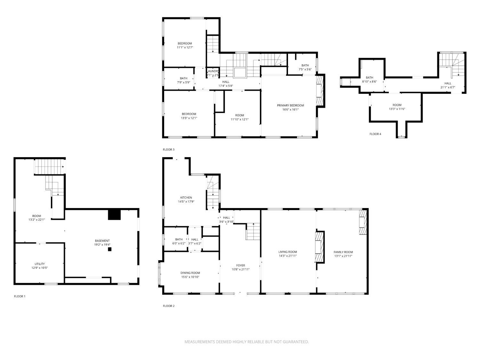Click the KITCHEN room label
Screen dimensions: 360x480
point(186,197)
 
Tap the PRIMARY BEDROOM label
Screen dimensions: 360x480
point(290,105)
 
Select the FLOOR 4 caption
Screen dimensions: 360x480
point(375,134)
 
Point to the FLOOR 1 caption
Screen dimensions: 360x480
point(20,296)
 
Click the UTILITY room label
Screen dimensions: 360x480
point(40,264)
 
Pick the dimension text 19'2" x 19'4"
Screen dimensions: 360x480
point(102,245)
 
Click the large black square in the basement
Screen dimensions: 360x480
point(114,214)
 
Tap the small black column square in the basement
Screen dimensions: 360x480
point(109,249)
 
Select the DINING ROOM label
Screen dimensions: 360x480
point(190,273)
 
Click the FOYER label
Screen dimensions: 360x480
point(240,265)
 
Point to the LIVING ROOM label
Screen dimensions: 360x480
point(287,252)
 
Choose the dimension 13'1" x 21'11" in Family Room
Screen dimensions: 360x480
point(343,256)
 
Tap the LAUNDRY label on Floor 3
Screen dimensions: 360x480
point(213,71)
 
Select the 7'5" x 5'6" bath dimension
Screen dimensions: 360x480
point(305,69)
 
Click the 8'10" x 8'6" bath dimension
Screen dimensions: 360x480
point(369,82)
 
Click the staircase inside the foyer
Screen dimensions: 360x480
point(253,231)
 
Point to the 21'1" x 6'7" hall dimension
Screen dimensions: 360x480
point(447,87)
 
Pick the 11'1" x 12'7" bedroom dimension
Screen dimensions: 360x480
point(185,47)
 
